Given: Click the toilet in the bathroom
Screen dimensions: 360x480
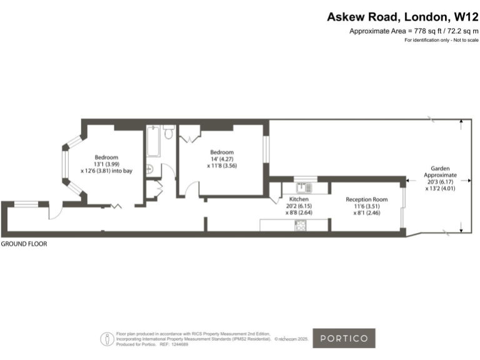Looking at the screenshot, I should pos(167,133).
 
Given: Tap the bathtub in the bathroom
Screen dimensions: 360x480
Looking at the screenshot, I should pos(153,142).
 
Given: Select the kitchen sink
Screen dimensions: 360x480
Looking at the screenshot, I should pos(303,186).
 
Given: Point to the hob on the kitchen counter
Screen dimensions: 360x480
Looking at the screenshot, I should pos(301,226).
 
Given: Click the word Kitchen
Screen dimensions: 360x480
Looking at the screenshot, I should pos(298,199).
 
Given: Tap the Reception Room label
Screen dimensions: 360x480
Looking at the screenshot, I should pos(367,199).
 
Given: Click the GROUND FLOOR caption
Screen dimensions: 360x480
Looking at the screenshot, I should pos(24,244).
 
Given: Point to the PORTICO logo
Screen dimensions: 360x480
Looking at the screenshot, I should pos(344,338).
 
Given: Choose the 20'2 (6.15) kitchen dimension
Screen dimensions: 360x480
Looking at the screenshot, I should pos(298,206).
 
